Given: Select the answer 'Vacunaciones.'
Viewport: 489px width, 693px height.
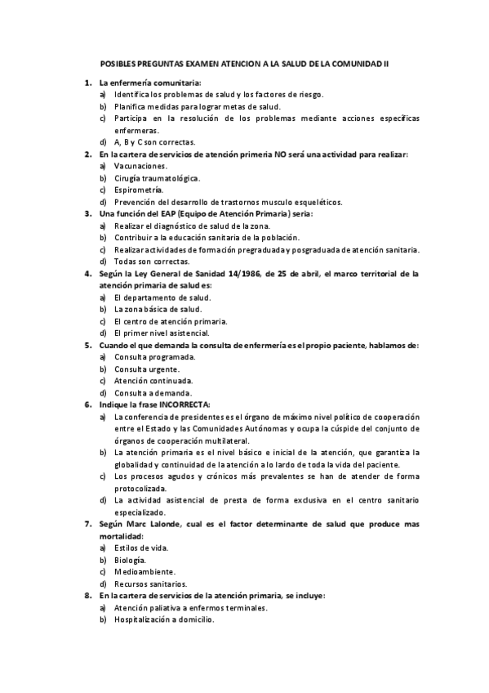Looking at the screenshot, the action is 140,166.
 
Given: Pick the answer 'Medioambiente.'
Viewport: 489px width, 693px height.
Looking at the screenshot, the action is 144,572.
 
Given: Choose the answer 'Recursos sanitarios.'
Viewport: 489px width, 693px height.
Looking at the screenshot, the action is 151,583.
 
